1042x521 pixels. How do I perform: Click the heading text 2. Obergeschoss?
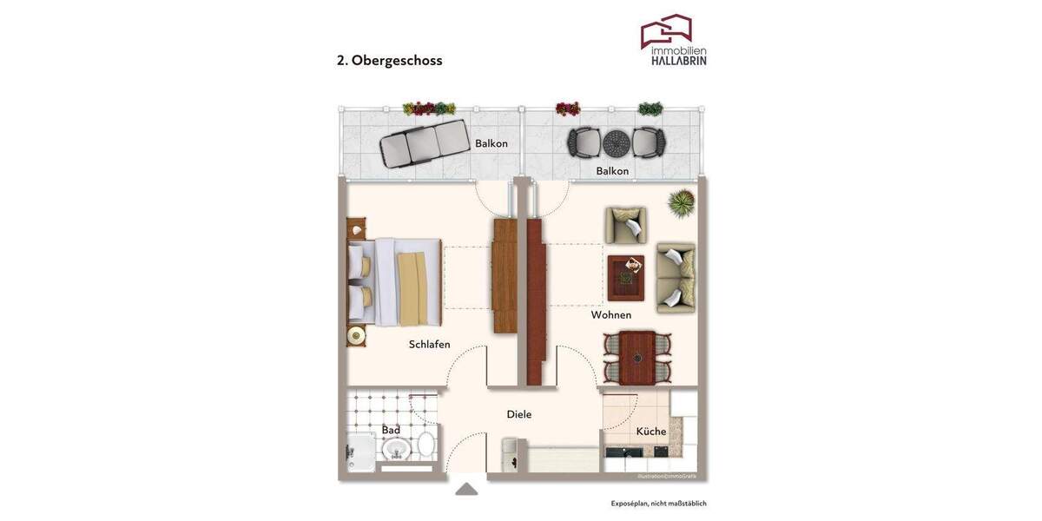(390, 61)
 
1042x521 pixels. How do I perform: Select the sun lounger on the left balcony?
(423, 144)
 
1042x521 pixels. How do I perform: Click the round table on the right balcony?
(616, 142)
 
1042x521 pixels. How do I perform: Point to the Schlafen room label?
(430, 345)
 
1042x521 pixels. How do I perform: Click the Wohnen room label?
(611, 315)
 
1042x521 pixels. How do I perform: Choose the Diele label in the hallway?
(519, 415)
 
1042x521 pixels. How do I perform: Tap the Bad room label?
(391, 430)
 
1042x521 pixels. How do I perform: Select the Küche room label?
(651, 432)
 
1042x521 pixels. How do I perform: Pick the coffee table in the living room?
(625, 278)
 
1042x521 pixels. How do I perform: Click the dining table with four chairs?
(637, 357)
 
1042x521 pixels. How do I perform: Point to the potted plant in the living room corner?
(681, 203)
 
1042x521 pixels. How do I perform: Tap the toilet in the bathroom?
(426, 445)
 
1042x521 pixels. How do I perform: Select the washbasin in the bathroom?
(397, 449)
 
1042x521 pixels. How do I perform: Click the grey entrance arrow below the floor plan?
(466, 490)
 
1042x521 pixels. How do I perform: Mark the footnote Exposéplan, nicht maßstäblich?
(658, 504)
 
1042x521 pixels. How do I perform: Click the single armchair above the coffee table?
(626, 226)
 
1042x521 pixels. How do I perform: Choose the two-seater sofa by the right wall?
(676, 278)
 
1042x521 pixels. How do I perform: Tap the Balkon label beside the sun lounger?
(491, 143)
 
